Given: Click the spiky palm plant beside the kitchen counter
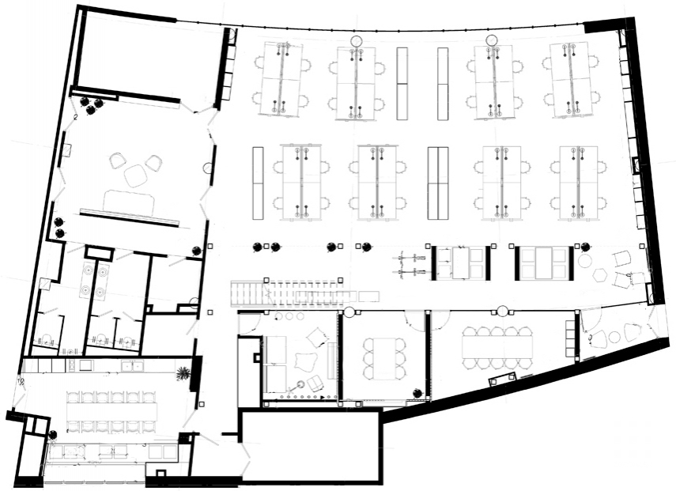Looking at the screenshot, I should point(183,372).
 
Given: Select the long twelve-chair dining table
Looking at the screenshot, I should point(111,412).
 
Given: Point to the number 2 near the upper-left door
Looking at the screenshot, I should point(75,116).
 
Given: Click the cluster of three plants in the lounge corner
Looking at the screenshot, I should point(90,104).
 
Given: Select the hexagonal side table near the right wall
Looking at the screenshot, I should point(602,276).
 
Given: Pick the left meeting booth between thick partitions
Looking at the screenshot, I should point(461,262).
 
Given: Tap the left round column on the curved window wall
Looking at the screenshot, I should point(357,41).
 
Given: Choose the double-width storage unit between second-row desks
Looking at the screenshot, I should point(437,183).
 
